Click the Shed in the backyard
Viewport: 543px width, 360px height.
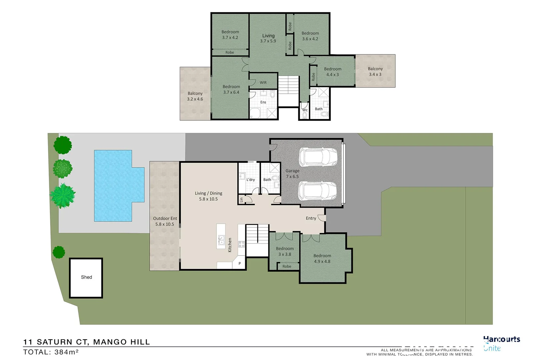[x=86, y=278]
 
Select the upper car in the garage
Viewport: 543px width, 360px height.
[x=318, y=157]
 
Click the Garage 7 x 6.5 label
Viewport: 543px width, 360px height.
[x=292, y=174]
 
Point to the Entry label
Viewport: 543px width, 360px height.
[x=311, y=218]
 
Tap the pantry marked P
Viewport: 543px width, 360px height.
[x=239, y=264]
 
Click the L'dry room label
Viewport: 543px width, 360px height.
[x=250, y=180]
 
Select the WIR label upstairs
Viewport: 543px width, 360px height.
[x=263, y=83]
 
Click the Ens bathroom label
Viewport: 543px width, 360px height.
[x=263, y=102]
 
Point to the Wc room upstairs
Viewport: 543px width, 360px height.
[x=305, y=112]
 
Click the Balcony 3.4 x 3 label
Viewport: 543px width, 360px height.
[x=375, y=71]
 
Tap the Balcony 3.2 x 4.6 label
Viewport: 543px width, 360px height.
[x=195, y=96]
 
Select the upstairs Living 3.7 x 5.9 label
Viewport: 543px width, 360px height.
[x=268, y=38]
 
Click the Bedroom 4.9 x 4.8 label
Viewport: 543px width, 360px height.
[x=322, y=259]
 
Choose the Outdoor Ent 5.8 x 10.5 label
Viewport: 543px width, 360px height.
[x=165, y=221]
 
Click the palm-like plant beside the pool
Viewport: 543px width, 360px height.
[x=62, y=196]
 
